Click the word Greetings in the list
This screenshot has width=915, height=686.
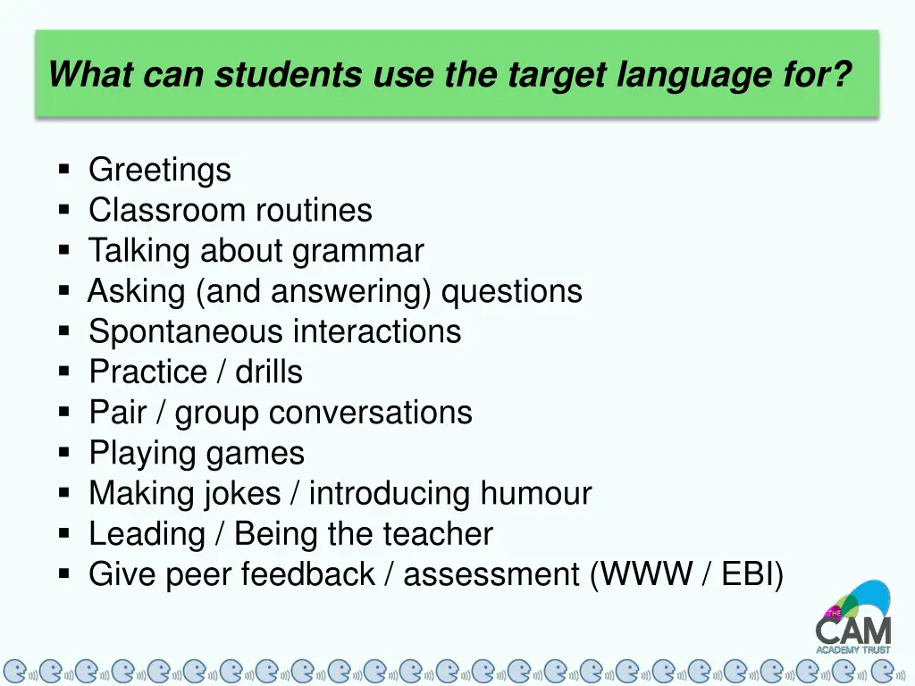159,170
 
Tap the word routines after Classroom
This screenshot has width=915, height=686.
314,210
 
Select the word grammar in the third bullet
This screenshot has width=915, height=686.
358,252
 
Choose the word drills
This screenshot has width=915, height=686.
269,372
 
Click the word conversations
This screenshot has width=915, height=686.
370,412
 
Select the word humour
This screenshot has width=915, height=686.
536,493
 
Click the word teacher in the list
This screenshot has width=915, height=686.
438,534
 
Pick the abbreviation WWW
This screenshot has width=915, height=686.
647,574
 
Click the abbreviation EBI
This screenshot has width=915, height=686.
749,574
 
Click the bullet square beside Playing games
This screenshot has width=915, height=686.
64,453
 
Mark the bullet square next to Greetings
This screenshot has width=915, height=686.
64,169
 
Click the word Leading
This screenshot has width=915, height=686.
147,534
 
